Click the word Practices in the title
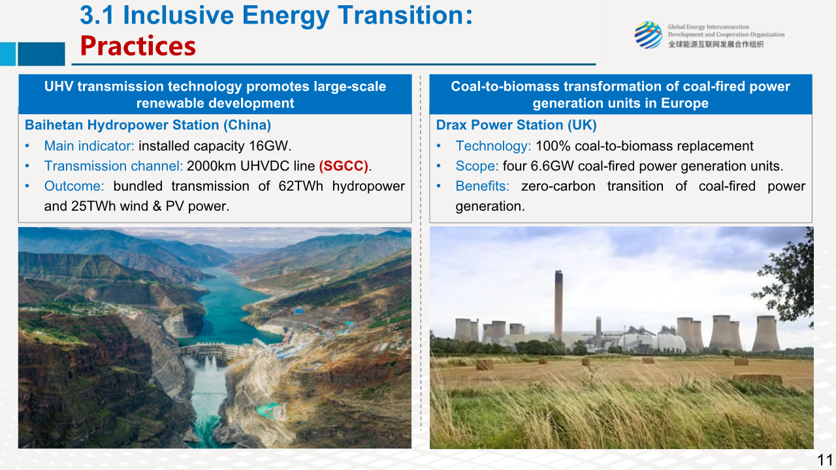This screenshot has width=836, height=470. coord(138,46)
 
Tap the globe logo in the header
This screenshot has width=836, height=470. coord(649,35)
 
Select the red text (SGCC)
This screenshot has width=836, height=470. coord(344,166)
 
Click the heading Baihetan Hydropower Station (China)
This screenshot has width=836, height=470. coord(148,125)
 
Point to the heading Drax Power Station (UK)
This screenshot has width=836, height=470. coord(517,125)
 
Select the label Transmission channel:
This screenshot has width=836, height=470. coord(114,166)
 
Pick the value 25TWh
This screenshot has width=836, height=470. coord(93,206)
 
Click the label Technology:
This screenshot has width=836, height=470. coord(493,146)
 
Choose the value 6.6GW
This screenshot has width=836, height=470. coord(552,166)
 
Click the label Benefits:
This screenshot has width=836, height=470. coord(483,186)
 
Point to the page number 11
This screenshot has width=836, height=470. coord(825,460)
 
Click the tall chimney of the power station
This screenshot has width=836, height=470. coord(558,305)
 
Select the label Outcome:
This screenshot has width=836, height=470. coord(74,186)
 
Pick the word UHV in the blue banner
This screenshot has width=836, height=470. coord(59,87)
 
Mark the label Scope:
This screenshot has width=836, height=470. coord(477,166)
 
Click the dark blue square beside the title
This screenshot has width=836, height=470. coord(41,54)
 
